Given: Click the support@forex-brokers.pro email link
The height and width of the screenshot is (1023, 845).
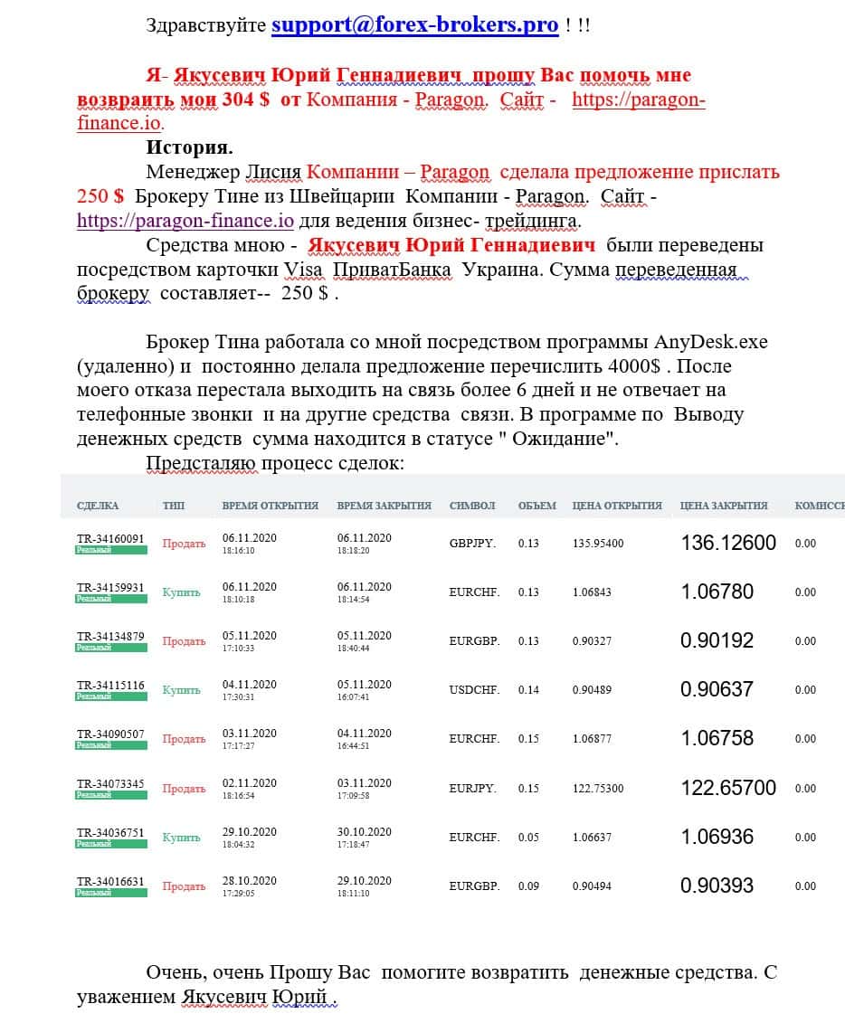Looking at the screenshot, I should [414, 24].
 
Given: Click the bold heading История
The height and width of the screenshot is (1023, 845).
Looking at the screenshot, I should [189, 147].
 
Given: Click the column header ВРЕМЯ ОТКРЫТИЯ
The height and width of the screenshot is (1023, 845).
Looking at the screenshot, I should [270, 506].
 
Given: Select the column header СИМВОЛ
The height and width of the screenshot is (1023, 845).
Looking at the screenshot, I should [472, 506].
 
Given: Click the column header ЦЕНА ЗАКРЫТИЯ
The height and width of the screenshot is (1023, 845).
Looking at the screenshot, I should [724, 506].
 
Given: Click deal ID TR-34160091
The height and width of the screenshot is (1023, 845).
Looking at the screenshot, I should [110, 539].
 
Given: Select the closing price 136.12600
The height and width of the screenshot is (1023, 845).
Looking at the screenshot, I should [728, 543].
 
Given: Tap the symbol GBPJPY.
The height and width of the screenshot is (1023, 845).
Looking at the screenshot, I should [472, 544].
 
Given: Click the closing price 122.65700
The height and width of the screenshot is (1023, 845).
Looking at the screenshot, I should [728, 788].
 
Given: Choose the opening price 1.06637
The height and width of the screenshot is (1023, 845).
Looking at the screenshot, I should [592, 838].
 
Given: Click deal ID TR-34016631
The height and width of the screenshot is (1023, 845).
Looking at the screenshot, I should [110, 881].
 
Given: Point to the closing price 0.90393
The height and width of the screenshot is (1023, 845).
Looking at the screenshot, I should [717, 886].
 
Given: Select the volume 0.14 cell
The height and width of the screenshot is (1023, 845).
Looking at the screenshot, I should [528, 690].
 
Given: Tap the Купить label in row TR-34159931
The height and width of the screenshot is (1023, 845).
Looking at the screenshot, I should [181, 592].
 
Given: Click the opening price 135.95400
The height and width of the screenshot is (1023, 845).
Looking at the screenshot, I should [598, 544].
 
